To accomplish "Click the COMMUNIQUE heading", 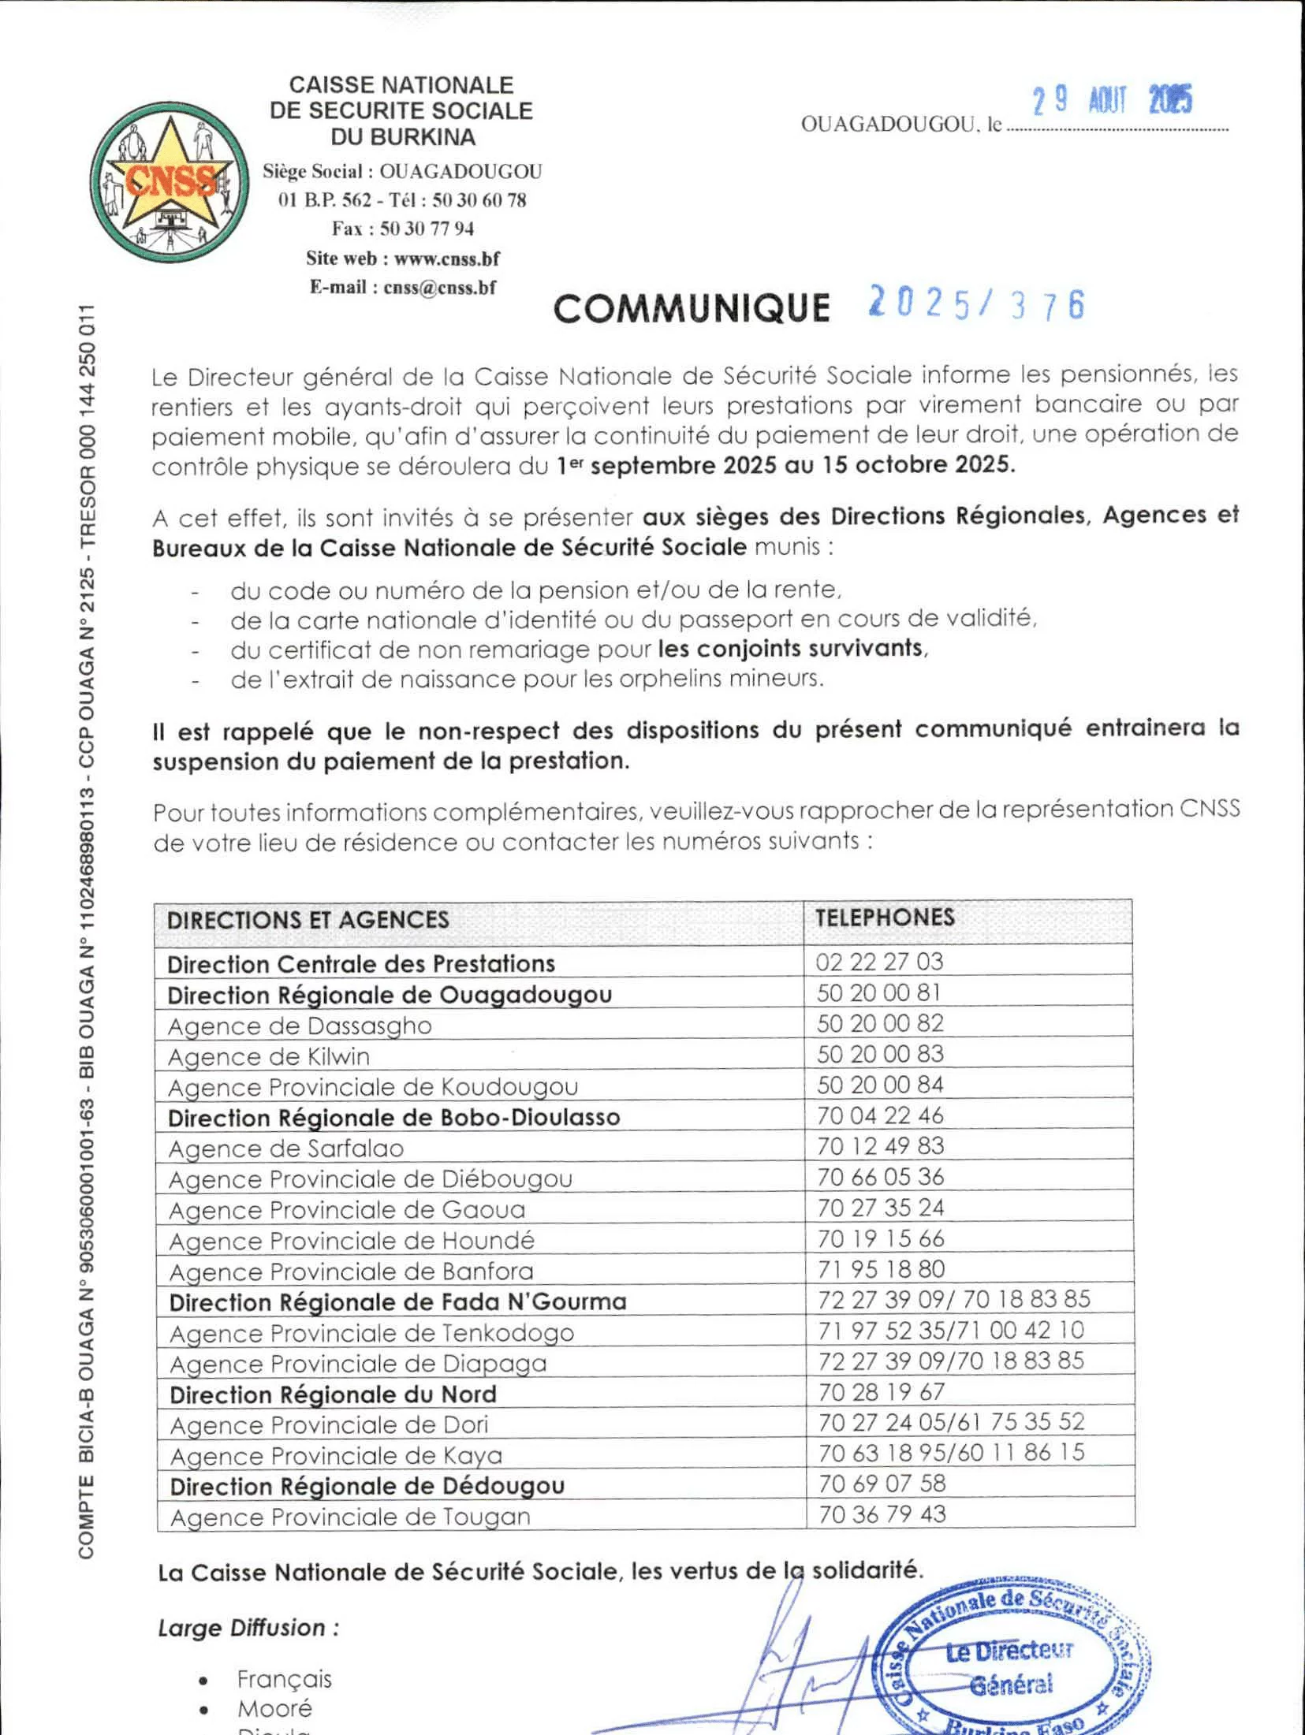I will click(692, 308).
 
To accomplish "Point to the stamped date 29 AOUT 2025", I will click(1113, 101).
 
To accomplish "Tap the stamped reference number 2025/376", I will click(976, 304).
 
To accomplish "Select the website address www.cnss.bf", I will click(446, 259).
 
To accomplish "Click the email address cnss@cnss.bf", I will click(439, 288).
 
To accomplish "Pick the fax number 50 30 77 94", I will click(427, 229).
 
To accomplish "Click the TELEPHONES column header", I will click(885, 918).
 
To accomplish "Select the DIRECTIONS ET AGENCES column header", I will click(308, 920).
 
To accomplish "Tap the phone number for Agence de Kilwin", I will click(880, 1054).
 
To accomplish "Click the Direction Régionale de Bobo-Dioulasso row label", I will click(393, 1118).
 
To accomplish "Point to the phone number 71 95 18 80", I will click(881, 1269).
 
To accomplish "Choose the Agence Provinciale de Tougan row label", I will click(350, 1517).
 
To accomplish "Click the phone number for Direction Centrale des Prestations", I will click(879, 962).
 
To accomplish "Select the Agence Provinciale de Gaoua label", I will click(347, 1210).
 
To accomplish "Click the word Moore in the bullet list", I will click(274, 1709).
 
